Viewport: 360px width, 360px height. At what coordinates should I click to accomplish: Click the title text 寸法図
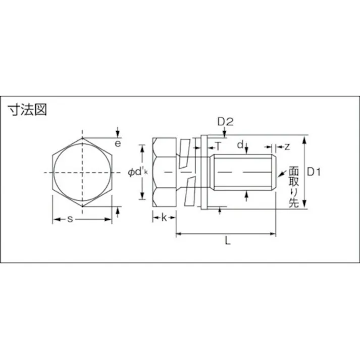click(27, 110)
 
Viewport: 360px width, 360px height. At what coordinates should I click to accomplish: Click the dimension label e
click(118, 144)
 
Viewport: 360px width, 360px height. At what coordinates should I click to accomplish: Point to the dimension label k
click(164, 218)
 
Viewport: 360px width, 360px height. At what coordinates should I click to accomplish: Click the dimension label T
click(218, 146)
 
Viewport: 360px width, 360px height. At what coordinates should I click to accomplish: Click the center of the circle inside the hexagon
click(82, 173)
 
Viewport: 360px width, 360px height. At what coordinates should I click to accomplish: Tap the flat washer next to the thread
click(204, 173)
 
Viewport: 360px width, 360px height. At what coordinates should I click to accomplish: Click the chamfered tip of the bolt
click(274, 173)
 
